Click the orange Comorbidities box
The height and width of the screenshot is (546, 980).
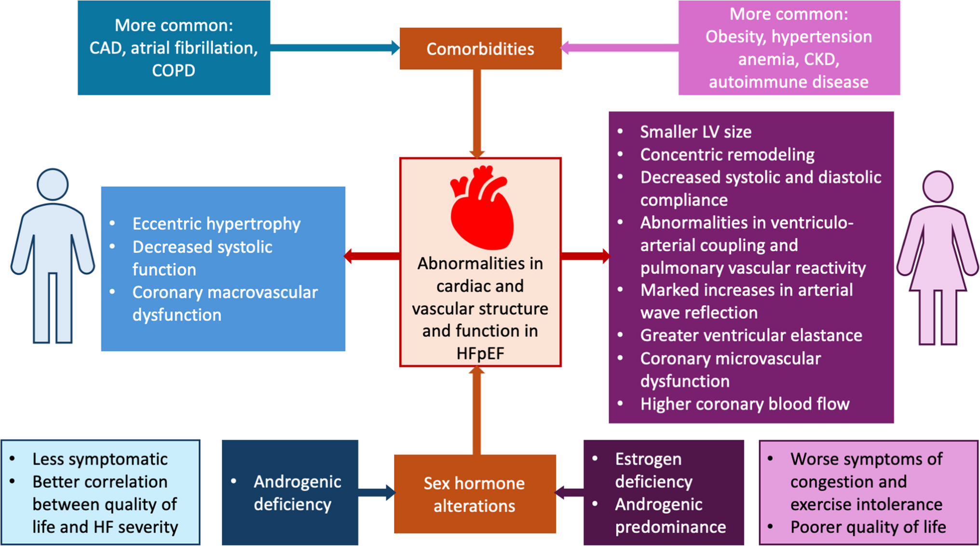(480, 49)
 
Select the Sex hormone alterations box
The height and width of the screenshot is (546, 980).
(475, 494)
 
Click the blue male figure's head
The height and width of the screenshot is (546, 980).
(53, 184)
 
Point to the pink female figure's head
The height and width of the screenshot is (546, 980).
(938, 186)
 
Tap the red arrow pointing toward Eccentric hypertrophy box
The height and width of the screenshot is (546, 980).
(372, 256)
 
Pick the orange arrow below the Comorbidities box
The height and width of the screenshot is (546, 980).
(477, 113)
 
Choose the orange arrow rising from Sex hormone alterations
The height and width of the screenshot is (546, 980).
(477, 410)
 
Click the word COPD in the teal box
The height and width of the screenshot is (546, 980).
(174, 70)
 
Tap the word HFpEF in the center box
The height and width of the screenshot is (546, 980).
(480, 353)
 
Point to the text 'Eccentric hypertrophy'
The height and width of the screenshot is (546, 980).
(216, 224)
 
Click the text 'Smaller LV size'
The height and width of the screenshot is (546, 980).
(695, 132)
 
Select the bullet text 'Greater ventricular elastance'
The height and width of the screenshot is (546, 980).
(751, 335)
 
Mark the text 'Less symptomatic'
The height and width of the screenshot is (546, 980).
(100, 459)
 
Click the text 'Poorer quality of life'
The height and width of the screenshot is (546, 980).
(868, 527)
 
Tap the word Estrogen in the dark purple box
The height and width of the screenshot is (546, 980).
(648, 459)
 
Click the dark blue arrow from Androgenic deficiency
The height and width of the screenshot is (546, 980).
(377, 492)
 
